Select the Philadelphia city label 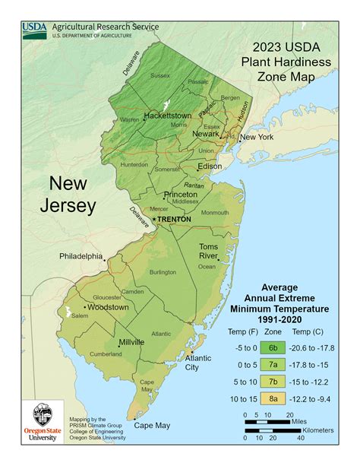[x=81, y=256]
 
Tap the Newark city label [x=206, y=134]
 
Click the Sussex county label [x=160, y=75]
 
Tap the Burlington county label [x=163, y=271]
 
